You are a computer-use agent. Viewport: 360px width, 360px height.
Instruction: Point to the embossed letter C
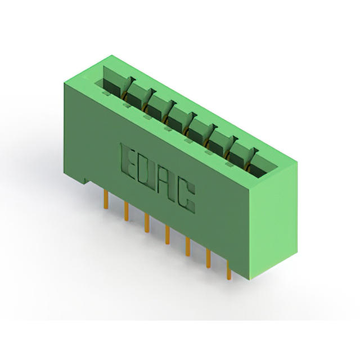pos(187,195)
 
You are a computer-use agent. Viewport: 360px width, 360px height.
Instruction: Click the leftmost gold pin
pos(106,199)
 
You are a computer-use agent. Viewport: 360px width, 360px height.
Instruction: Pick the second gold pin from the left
pos(126,211)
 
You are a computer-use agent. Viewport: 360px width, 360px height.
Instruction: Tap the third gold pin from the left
pos(147,223)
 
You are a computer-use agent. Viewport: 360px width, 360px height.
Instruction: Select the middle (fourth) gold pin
pos(168,235)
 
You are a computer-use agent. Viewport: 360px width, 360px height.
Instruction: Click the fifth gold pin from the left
pos(188,247)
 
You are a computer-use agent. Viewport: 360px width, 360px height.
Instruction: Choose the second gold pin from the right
pos(209,259)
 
